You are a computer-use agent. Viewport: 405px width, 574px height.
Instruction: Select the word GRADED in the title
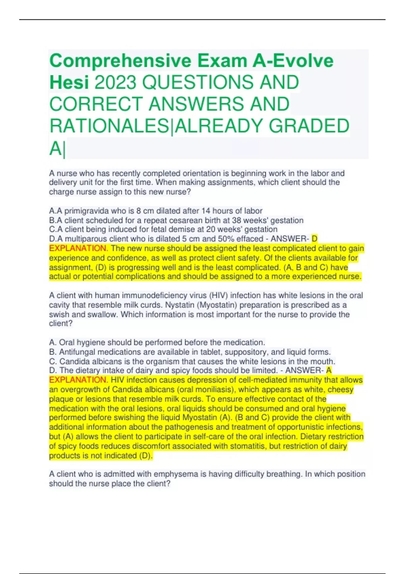point(309,126)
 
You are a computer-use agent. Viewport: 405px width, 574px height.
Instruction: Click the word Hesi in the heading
point(69,82)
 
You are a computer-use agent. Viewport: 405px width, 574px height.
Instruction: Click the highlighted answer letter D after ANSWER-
point(314,239)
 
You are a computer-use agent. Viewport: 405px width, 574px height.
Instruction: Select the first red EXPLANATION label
point(78,249)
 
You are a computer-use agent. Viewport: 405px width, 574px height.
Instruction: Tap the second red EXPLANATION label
point(78,380)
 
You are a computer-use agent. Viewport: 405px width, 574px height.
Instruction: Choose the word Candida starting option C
point(73,361)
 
